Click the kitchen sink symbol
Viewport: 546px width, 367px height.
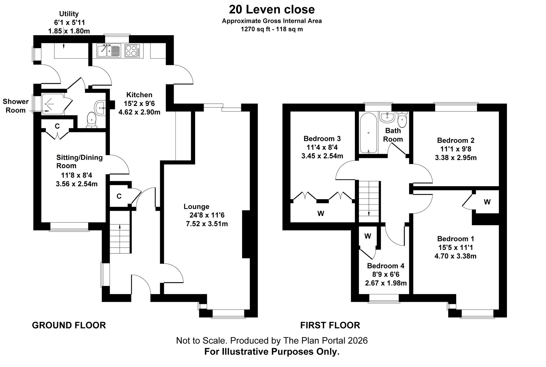109,51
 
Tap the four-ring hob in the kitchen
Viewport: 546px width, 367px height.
132,51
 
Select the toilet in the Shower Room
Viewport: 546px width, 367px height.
92,120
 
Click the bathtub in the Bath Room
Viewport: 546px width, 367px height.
368,133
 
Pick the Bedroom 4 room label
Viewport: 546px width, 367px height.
386,266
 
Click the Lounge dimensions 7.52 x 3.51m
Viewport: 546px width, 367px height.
207,224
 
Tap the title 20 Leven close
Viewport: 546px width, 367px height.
272,10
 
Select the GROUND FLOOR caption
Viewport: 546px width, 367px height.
69,325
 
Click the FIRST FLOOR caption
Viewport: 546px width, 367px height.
330,325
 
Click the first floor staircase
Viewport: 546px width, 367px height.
369,202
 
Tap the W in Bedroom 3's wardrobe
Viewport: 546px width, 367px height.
321,214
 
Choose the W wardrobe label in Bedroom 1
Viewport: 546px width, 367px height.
487,202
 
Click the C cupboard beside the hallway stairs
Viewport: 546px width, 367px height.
119,196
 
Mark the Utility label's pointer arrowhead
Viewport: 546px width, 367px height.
64,47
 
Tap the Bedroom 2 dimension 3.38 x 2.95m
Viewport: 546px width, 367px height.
456,158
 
